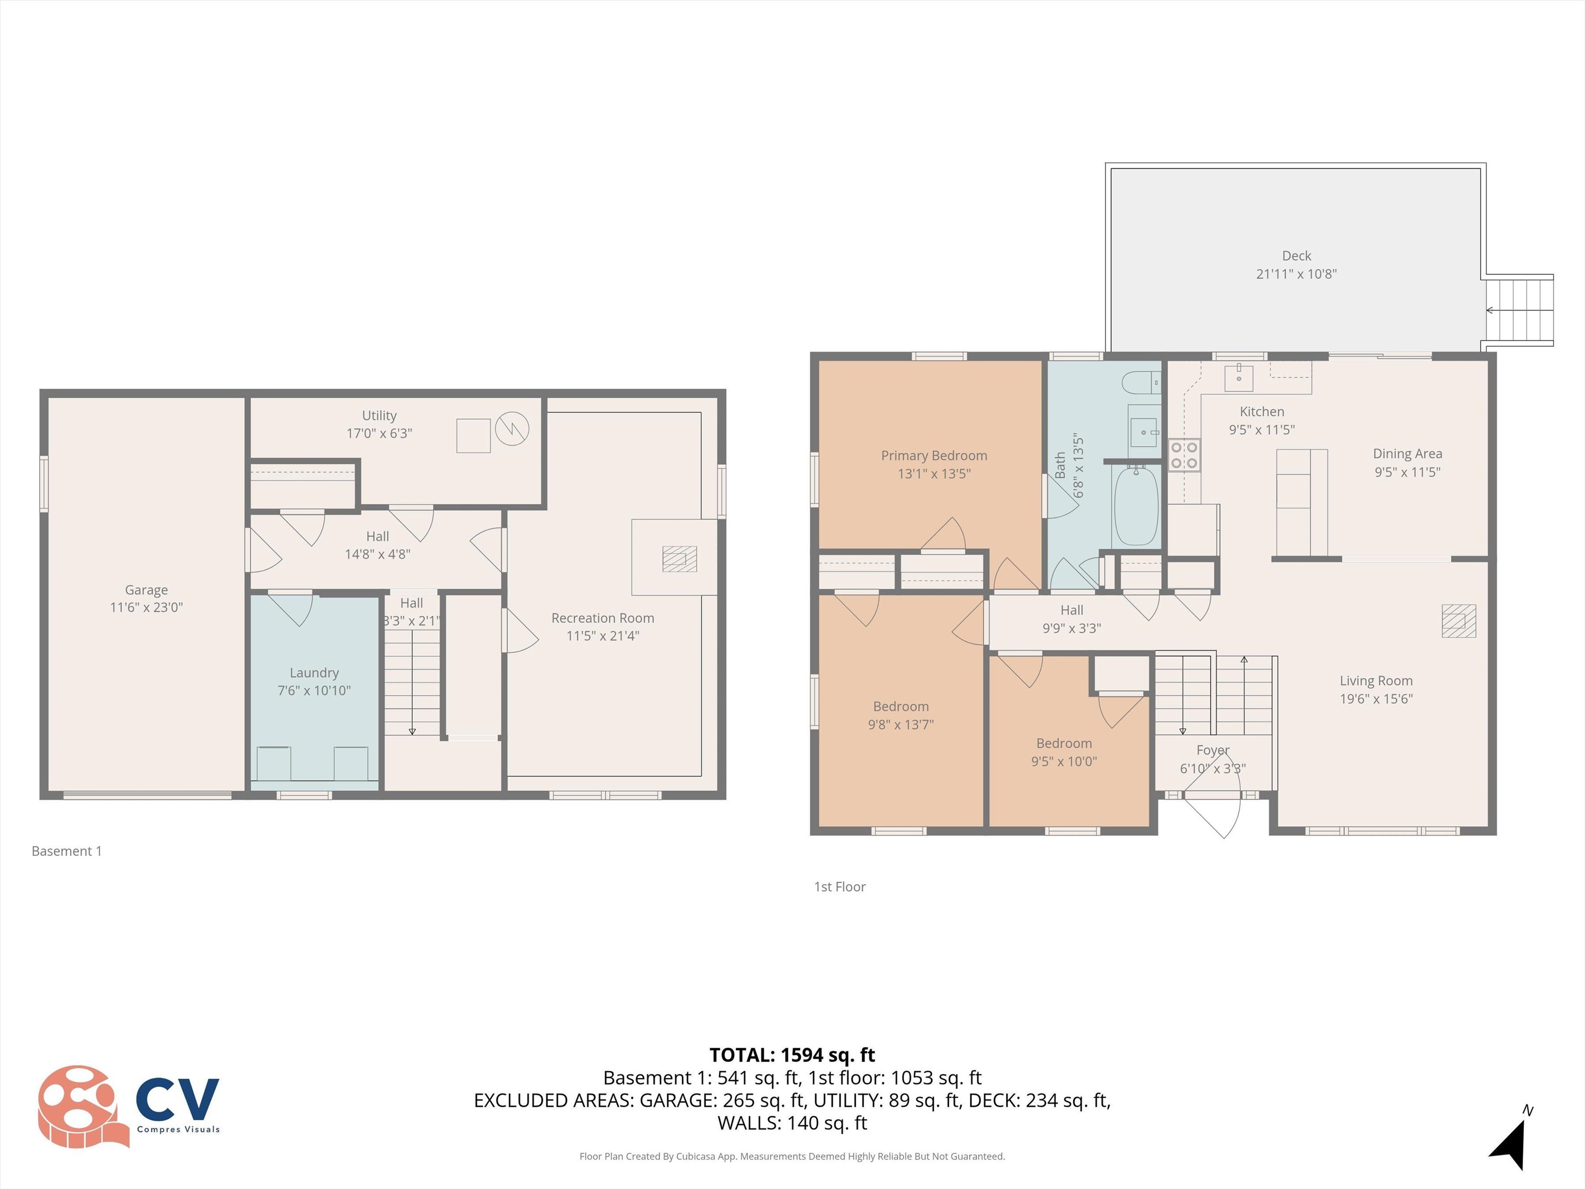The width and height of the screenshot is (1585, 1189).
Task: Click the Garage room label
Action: [x=146, y=590]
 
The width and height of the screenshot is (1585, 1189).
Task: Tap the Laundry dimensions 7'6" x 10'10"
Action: [x=314, y=690]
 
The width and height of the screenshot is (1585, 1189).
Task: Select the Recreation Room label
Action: [x=603, y=618]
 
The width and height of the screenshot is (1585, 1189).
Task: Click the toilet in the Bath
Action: [x=1139, y=382]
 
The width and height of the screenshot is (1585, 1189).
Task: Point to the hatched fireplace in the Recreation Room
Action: [x=680, y=559]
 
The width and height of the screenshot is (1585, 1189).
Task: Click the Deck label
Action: [x=1296, y=256]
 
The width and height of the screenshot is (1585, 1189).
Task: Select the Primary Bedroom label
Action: [x=934, y=456]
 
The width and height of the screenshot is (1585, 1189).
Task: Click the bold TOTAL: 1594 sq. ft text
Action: [x=792, y=1055]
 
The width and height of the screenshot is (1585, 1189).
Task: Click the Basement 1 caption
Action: [x=67, y=850]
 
